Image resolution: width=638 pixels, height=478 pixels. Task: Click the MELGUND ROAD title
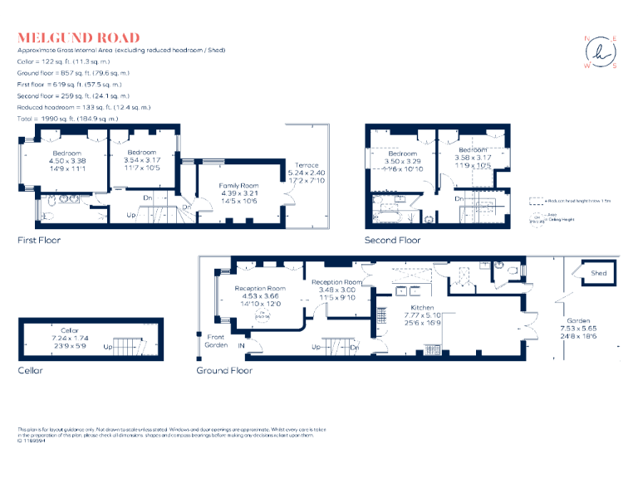click(x=79, y=37)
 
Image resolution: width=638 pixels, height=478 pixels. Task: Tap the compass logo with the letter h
click(x=601, y=51)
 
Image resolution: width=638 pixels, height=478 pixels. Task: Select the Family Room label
click(x=238, y=186)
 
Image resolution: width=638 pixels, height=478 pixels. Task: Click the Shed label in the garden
click(x=598, y=273)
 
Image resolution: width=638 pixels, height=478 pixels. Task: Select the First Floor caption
click(x=39, y=240)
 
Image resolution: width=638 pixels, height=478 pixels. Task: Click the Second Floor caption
click(x=392, y=240)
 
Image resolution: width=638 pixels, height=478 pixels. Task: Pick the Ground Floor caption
click(x=224, y=370)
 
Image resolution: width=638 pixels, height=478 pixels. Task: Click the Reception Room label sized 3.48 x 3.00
click(x=337, y=290)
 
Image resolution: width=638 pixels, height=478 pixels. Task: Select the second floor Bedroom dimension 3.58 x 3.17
click(x=473, y=158)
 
